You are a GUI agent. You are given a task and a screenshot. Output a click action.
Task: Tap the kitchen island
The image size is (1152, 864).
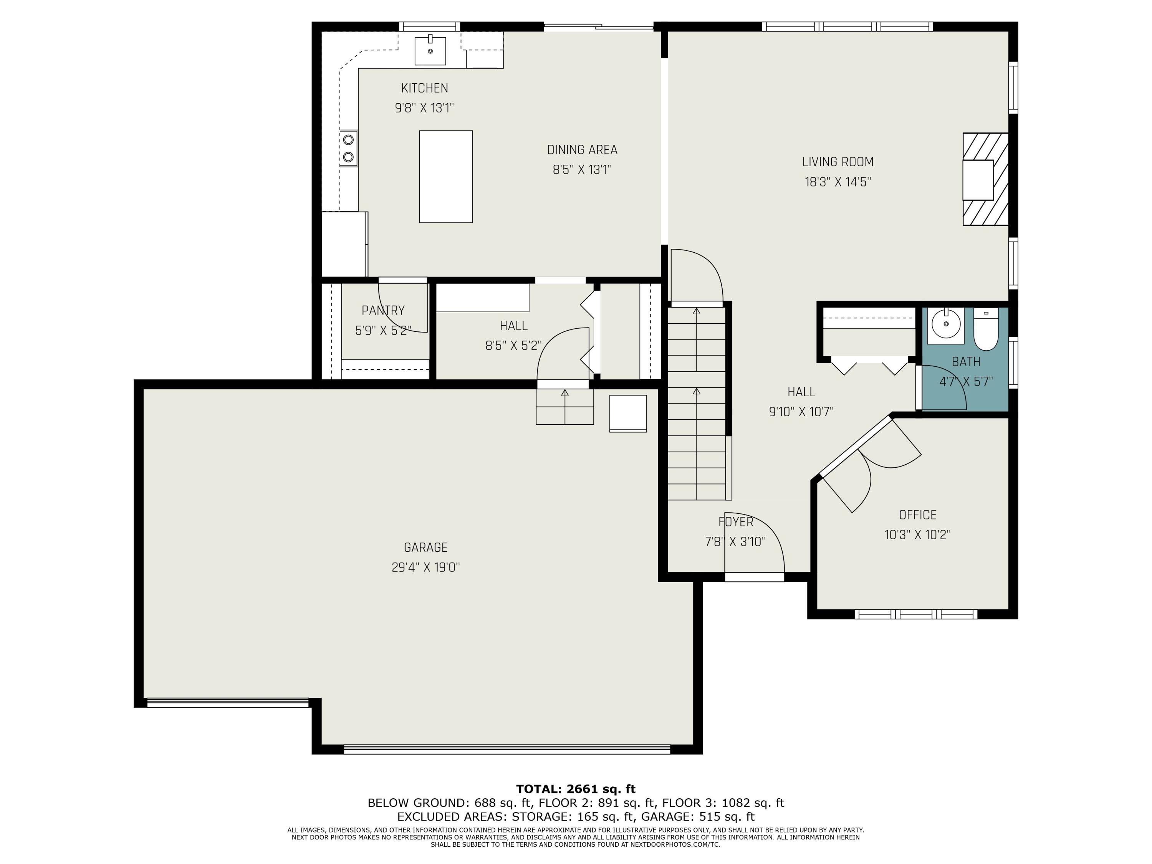446,177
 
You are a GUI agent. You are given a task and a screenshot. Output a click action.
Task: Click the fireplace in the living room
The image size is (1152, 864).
985,179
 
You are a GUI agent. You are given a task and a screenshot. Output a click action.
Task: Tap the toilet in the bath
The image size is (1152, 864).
985,329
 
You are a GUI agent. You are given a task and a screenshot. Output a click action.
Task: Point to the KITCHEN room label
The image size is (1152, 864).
424,88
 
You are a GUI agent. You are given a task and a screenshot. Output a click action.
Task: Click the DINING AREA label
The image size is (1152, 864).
582,150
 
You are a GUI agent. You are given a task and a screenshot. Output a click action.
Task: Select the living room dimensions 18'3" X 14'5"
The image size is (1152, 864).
838,182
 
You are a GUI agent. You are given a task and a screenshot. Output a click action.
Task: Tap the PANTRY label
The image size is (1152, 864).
383,310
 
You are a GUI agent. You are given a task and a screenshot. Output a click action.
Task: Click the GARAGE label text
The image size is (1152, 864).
425,547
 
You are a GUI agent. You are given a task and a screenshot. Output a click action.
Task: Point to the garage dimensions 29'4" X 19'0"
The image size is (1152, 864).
425,567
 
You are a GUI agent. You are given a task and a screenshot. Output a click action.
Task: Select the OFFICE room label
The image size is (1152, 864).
918,515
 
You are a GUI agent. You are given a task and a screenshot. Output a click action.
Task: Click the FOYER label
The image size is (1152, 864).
735,522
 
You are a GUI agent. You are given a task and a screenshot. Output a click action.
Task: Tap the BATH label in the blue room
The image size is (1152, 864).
966,361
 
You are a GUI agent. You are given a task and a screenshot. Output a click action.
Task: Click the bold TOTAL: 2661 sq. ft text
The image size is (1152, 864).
576,789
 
